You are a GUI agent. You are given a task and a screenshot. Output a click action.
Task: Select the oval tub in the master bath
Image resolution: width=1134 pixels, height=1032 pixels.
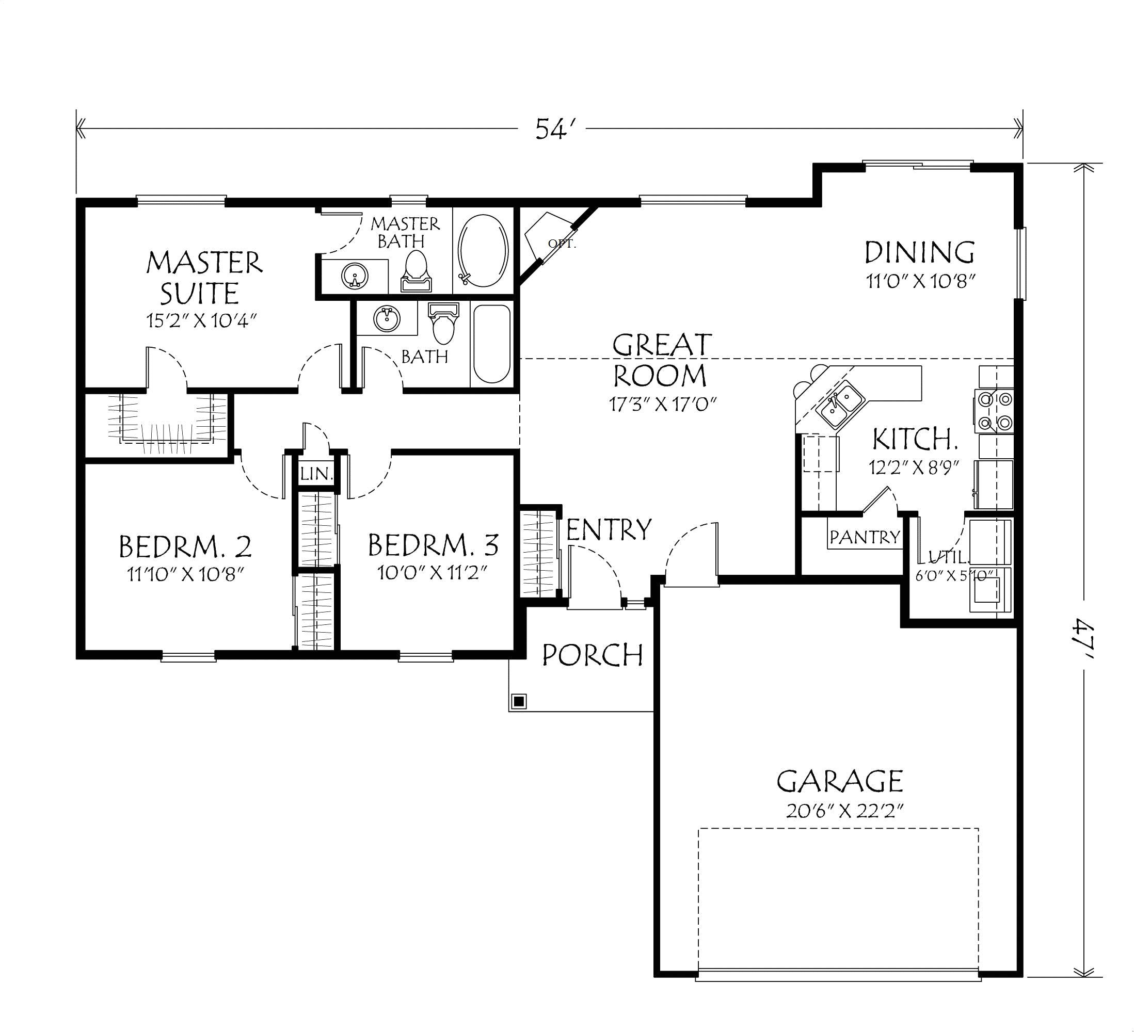pyautogui.click(x=483, y=250)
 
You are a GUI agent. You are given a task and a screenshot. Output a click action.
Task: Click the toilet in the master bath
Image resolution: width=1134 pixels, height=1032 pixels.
pyautogui.click(x=416, y=270)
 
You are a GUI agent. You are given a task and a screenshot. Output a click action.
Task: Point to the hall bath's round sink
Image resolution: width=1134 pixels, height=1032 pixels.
pyautogui.click(x=387, y=319)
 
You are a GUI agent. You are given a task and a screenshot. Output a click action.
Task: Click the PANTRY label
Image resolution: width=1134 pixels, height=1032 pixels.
pyautogui.click(x=865, y=537)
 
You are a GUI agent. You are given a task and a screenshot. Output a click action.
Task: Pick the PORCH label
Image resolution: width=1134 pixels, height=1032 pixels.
pyautogui.click(x=593, y=655)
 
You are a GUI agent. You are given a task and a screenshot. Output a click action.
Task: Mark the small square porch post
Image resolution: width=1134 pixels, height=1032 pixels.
pyautogui.click(x=519, y=701)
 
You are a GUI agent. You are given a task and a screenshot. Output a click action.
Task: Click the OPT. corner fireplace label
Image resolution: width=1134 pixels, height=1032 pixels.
pyautogui.click(x=562, y=244)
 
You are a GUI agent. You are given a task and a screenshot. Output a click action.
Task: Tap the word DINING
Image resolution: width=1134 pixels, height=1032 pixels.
pyautogui.click(x=919, y=252)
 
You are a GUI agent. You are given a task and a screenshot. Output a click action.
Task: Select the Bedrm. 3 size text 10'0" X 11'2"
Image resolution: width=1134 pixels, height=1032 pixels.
pyautogui.click(x=432, y=573)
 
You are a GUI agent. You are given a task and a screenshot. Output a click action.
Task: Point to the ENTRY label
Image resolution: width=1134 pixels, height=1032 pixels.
pyautogui.click(x=609, y=529)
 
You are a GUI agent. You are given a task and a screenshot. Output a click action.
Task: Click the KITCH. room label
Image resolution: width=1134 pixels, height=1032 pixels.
pyautogui.click(x=915, y=439)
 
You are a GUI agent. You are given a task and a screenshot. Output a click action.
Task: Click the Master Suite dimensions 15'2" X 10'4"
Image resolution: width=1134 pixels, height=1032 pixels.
pyautogui.click(x=202, y=320)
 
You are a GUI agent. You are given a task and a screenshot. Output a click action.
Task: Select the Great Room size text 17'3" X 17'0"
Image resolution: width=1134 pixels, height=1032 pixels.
pyautogui.click(x=662, y=404)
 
